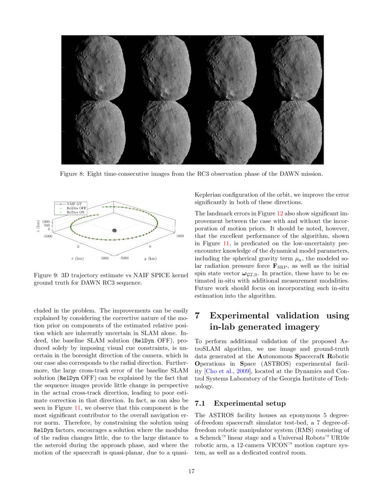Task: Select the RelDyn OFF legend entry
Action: point(76,208)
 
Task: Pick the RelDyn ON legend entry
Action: point(76,212)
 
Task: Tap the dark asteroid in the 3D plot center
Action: point(114,230)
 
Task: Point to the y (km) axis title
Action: point(150,259)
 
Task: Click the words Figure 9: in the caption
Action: point(46,275)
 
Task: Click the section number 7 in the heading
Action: point(198,315)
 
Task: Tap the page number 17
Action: point(191,472)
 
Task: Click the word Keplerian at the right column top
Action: point(209,195)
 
